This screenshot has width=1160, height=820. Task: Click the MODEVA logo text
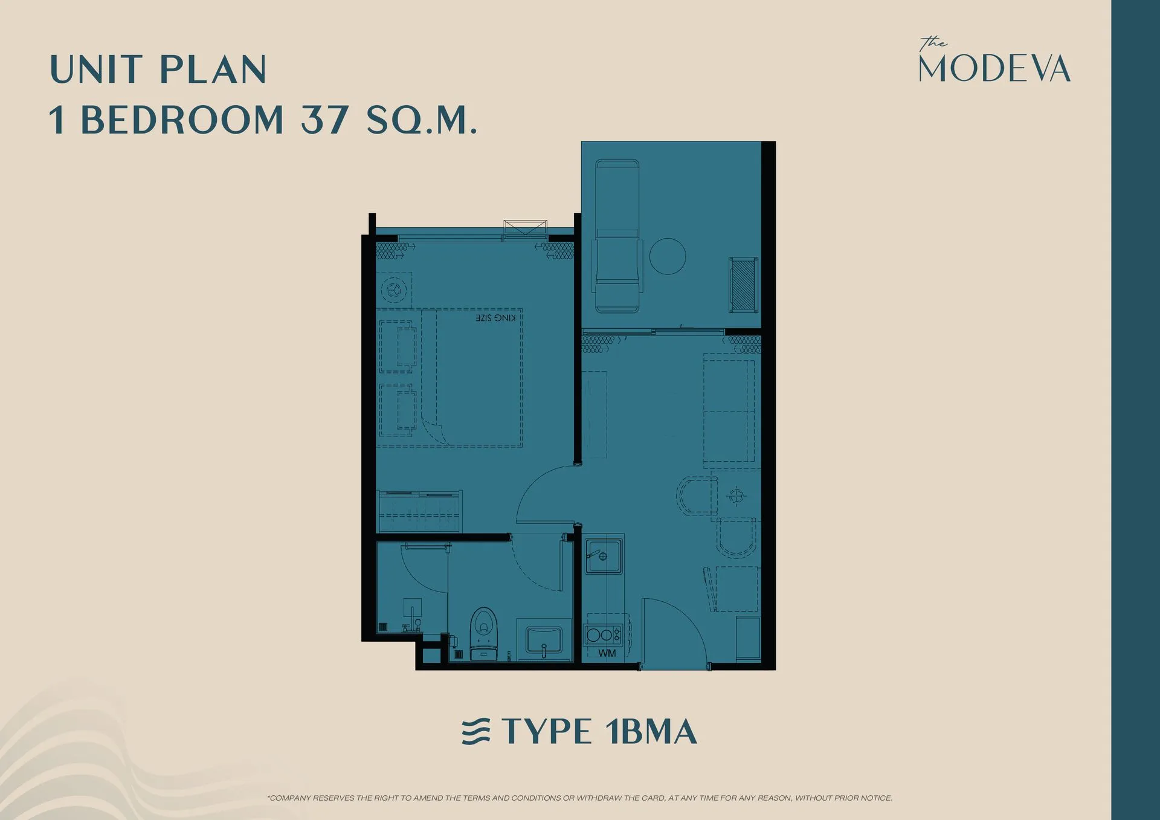click(994, 68)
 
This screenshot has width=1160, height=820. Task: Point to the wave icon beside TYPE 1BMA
click(476, 732)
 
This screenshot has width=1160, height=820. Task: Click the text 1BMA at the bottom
click(651, 732)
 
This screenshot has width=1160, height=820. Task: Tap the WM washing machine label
click(607, 653)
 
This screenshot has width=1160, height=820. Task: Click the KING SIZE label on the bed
click(495, 318)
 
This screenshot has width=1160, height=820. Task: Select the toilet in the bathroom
click(483, 631)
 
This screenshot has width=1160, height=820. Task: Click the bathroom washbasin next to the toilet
click(544, 639)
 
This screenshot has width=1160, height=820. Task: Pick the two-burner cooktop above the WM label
click(602, 634)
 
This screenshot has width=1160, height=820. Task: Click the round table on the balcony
click(667, 256)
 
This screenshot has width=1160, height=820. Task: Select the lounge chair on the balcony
click(617, 236)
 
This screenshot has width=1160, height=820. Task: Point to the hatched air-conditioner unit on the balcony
click(743, 285)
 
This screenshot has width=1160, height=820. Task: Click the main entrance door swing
click(674, 631)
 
